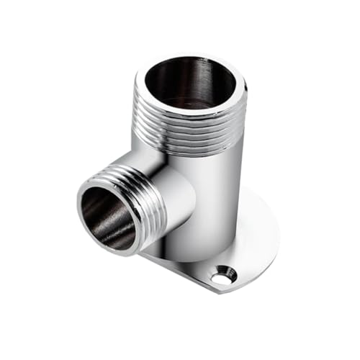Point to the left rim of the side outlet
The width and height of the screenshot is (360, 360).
[81, 209]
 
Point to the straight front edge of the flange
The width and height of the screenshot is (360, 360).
[180, 270]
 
